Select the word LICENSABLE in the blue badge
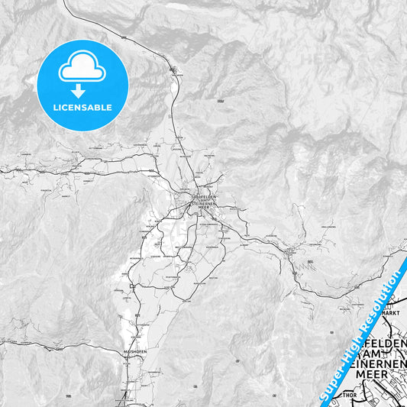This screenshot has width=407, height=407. click(82, 108)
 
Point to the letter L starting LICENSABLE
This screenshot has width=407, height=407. click(55, 108)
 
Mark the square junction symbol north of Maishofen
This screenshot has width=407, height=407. click(132, 286)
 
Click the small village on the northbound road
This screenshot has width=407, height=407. click(176, 74)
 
